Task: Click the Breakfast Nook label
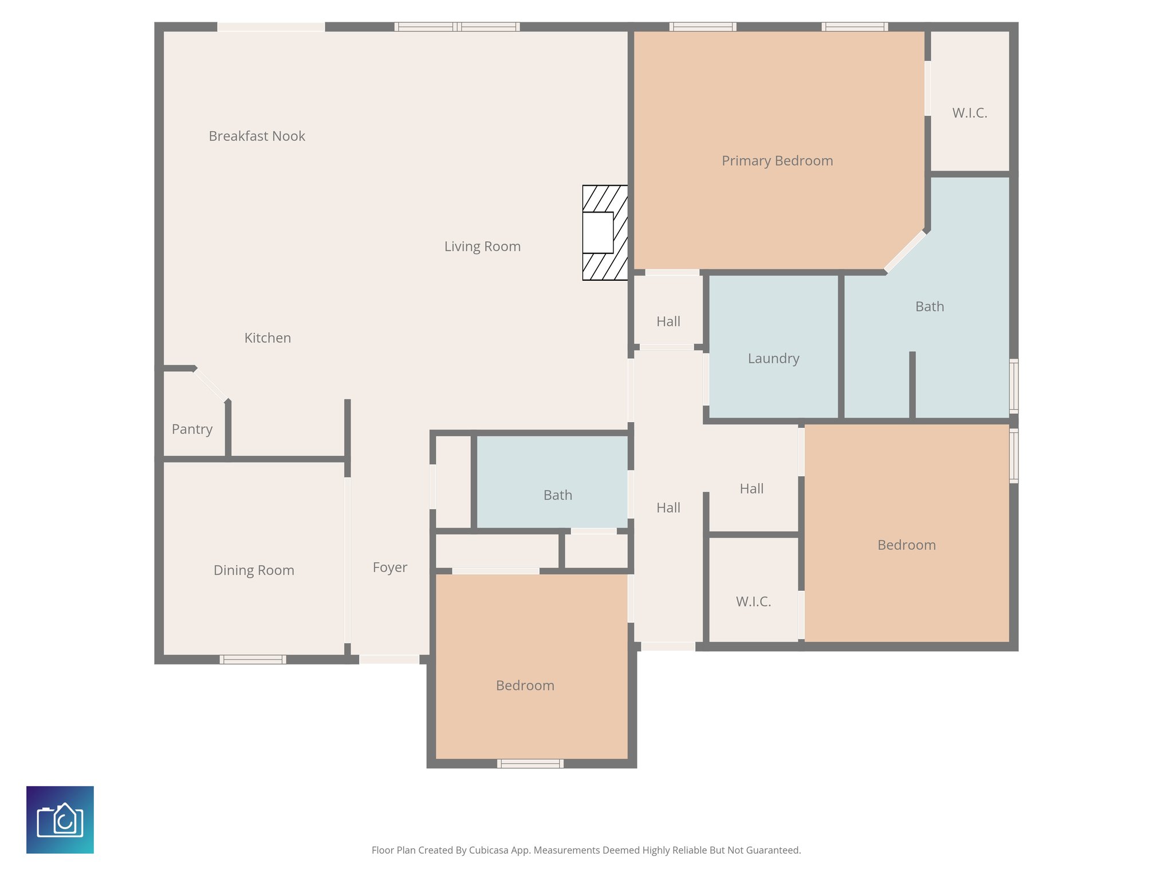tap(257, 136)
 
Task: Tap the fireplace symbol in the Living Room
tap(605, 233)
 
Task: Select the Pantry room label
tap(192, 429)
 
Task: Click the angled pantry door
tap(211, 384)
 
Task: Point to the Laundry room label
tap(773, 359)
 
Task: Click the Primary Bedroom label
tap(777, 161)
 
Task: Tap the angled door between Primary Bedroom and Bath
tap(905, 251)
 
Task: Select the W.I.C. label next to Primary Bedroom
tap(969, 113)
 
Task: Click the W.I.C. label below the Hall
tap(753, 602)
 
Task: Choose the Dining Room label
tap(254, 571)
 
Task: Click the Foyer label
tap(389, 568)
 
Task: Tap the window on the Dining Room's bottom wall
tap(253, 659)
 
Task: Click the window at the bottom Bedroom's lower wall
tap(530, 763)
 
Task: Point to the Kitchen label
tap(267, 338)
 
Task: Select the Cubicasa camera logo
tap(60, 820)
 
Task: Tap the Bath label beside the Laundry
tap(929, 307)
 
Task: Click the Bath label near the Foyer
tap(557, 495)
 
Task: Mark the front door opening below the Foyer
tap(389, 659)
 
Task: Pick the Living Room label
tap(482, 246)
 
